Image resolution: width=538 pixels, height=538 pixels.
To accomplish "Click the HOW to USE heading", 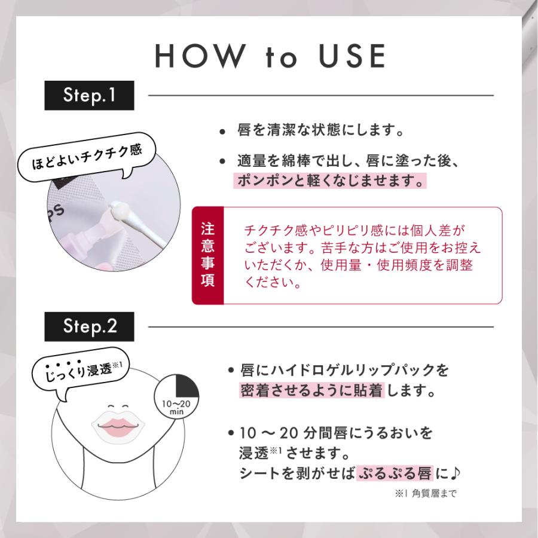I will coord(269,56).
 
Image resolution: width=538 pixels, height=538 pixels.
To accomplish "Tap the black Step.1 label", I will coord(90,96).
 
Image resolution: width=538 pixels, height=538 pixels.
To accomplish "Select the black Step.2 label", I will coord(90,327).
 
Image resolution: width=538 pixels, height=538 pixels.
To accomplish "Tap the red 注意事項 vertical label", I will coord(207,256).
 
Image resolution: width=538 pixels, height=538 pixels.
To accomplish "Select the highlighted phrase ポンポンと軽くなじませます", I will coord(330,181).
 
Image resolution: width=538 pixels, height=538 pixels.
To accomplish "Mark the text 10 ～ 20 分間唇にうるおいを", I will coord(335,432).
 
